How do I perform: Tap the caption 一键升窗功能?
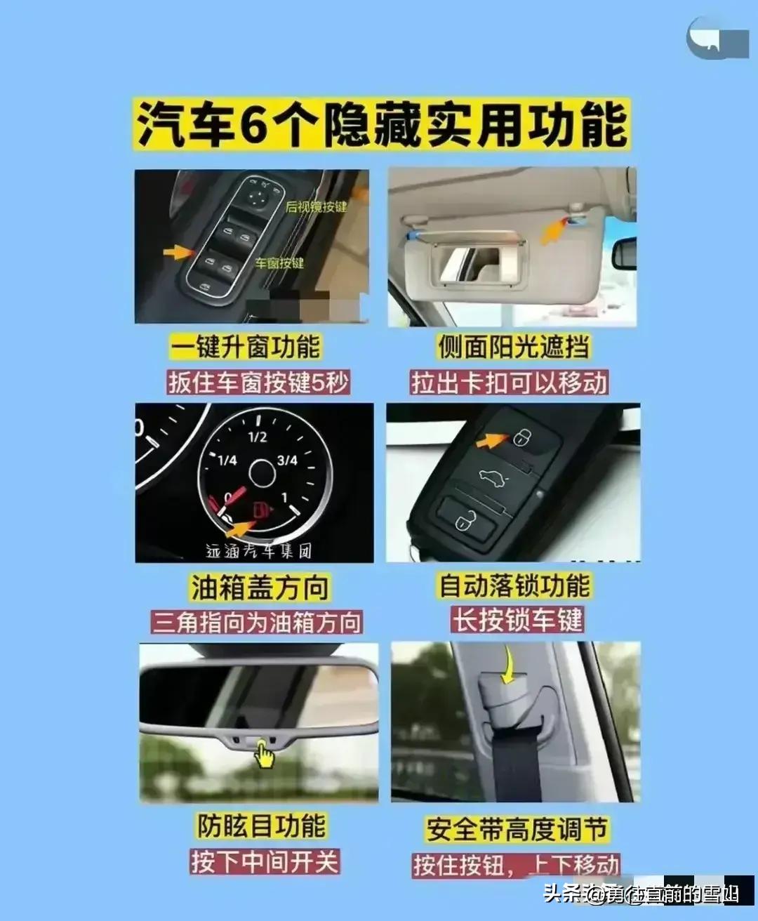245,347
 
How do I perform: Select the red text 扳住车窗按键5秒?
258,383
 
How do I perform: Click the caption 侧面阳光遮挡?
513,347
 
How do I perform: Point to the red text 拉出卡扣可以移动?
509,383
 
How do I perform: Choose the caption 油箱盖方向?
259,588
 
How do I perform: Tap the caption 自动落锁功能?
514,585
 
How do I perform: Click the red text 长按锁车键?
517,620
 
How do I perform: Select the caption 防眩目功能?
260,826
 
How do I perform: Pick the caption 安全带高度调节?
516,829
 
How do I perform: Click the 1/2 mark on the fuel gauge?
258,437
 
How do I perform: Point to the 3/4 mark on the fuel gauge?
287,460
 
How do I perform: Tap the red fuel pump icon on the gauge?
261,509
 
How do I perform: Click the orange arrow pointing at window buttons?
177,251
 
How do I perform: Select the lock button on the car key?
520,438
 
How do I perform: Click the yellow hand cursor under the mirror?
264,755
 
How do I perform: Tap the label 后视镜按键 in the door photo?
316,206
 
